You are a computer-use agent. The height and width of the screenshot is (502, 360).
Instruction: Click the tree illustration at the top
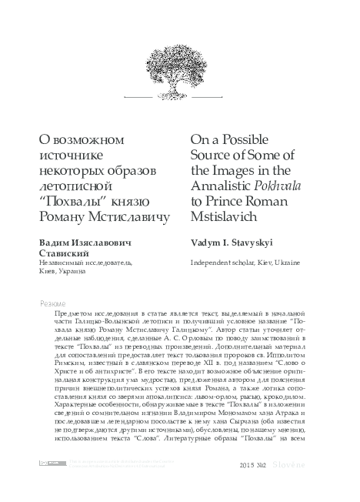pyautogui.click(x=179, y=50)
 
